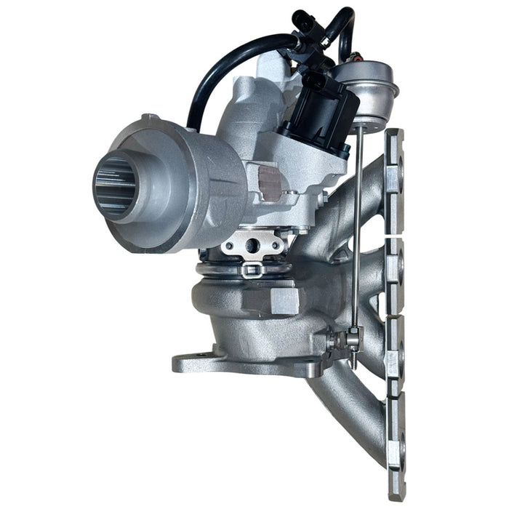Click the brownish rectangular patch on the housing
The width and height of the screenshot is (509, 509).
point(270,182)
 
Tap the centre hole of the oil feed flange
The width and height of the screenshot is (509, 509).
point(252,246)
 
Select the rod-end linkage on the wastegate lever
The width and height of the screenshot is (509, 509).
point(352,339)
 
